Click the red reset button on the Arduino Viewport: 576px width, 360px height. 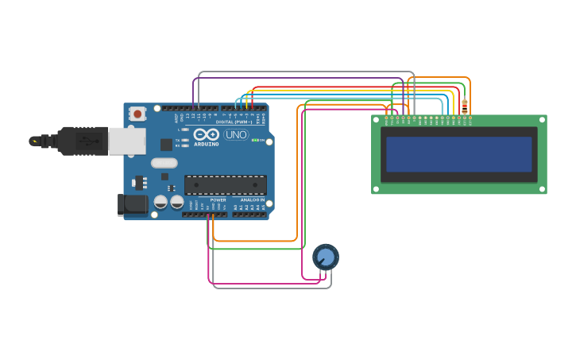pyautogui.click(x=137, y=114)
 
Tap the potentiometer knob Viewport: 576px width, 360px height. pyautogui.click(x=325, y=256)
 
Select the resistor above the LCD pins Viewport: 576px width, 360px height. pyautogui.click(x=465, y=106)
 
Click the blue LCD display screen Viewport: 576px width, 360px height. pyautogui.click(x=458, y=154)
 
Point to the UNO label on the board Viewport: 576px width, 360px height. pyautogui.click(x=236, y=134)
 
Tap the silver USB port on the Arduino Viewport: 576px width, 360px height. pyautogui.click(x=127, y=141)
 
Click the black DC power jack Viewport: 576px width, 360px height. pyautogui.click(x=133, y=204)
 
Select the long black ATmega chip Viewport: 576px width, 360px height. pyautogui.click(x=226, y=185)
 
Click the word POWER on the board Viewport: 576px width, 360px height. pyautogui.click(x=218, y=200)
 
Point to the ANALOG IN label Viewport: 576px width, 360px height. pyautogui.click(x=252, y=200)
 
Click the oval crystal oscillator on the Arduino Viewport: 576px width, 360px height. pyautogui.click(x=164, y=163)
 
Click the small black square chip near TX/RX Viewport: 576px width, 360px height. pyautogui.click(x=166, y=145)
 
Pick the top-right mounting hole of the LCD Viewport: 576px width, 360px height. pyautogui.click(x=543, y=119)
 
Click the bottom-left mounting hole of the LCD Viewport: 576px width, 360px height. pyautogui.click(x=376, y=189)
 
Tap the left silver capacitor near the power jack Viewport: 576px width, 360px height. pyautogui.click(x=160, y=202)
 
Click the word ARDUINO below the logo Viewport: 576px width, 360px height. pyautogui.click(x=207, y=144)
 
